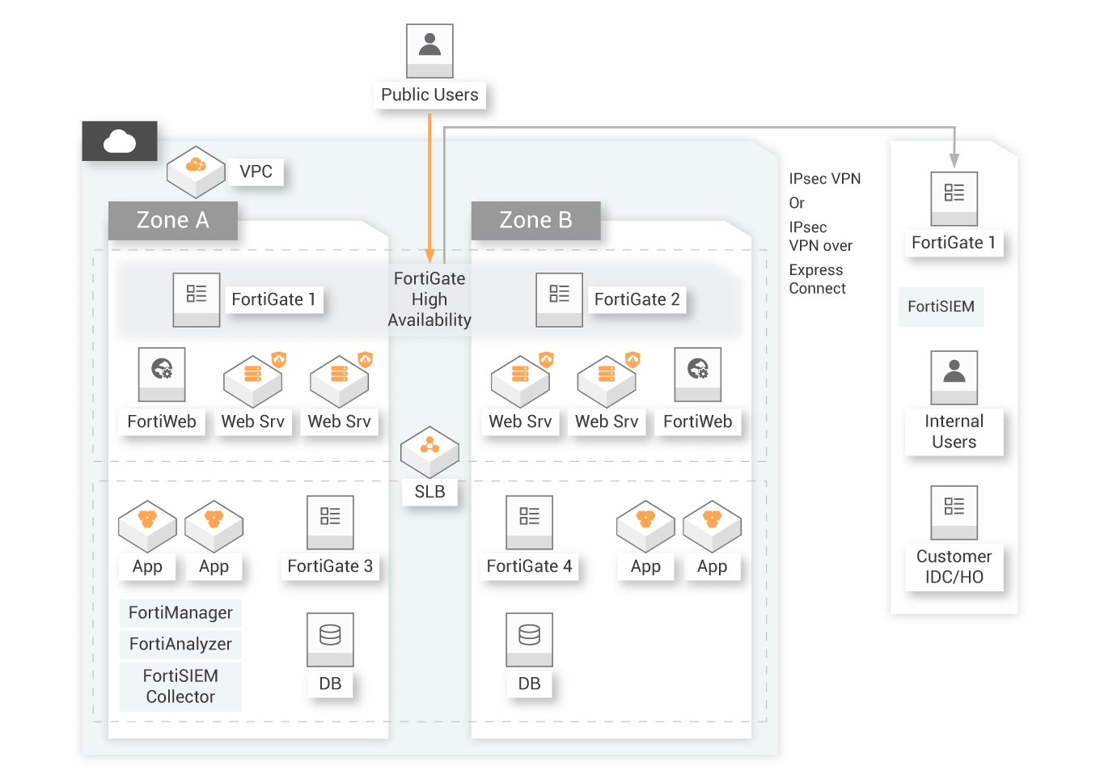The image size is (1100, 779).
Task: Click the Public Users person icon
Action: [x=430, y=48]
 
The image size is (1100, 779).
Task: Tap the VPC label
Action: [x=256, y=171]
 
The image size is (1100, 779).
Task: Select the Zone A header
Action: [x=173, y=220]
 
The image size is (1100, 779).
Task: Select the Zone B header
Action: [x=535, y=220]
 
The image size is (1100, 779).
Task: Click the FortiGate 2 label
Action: [x=637, y=299]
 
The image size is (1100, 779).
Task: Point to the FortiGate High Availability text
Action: [x=429, y=299]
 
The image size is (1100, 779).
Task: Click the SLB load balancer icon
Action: [x=429, y=451]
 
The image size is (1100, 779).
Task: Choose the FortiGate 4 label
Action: [x=529, y=566]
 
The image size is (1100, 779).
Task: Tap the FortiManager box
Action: [x=180, y=613]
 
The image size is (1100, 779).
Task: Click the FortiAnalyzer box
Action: [x=180, y=644]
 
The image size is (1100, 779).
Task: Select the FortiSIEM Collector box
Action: [x=180, y=686]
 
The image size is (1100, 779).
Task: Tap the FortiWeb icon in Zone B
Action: [x=698, y=374]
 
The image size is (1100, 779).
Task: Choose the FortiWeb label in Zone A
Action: [x=162, y=421]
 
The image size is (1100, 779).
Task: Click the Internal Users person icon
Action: [x=954, y=377]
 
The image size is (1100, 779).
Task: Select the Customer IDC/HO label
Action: [x=954, y=566]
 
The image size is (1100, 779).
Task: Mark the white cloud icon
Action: [x=120, y=142]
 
